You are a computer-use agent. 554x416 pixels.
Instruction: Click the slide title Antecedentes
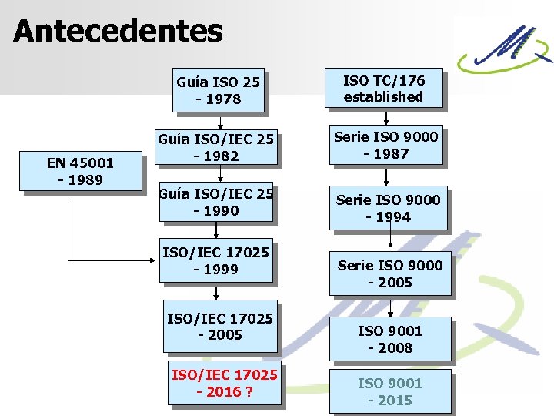click(x=118, y=32)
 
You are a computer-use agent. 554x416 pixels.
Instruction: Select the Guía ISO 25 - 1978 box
click(x=219, y=90)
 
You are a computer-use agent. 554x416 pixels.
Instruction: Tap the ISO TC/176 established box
click(x=383, y=88)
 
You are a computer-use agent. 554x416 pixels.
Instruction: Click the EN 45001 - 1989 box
click(x=80, y=172)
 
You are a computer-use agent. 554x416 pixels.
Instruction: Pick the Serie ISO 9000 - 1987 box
click(x=386, y=145)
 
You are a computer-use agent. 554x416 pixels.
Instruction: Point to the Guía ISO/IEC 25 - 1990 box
click(x=215, y=203)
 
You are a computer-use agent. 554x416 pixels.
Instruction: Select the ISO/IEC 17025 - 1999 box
click(x=215, y=260)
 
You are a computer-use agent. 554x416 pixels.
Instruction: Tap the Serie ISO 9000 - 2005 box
click(x=390, y=273)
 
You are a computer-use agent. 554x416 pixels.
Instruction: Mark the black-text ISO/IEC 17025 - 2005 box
click(x=220, y=326)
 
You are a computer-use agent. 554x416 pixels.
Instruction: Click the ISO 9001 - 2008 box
click(x=390, y=339)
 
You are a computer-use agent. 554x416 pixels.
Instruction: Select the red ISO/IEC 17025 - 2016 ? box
click(x=224, y=383)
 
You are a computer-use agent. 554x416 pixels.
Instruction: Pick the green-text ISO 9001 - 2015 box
click(x=390, y=391)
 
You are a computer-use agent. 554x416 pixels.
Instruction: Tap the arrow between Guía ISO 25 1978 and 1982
click(x=221, y=122)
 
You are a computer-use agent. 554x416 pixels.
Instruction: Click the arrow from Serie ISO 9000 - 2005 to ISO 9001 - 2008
click(x=391, y=307)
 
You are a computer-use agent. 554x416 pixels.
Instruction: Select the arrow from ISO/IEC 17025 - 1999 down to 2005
click(x=216, y=292)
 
